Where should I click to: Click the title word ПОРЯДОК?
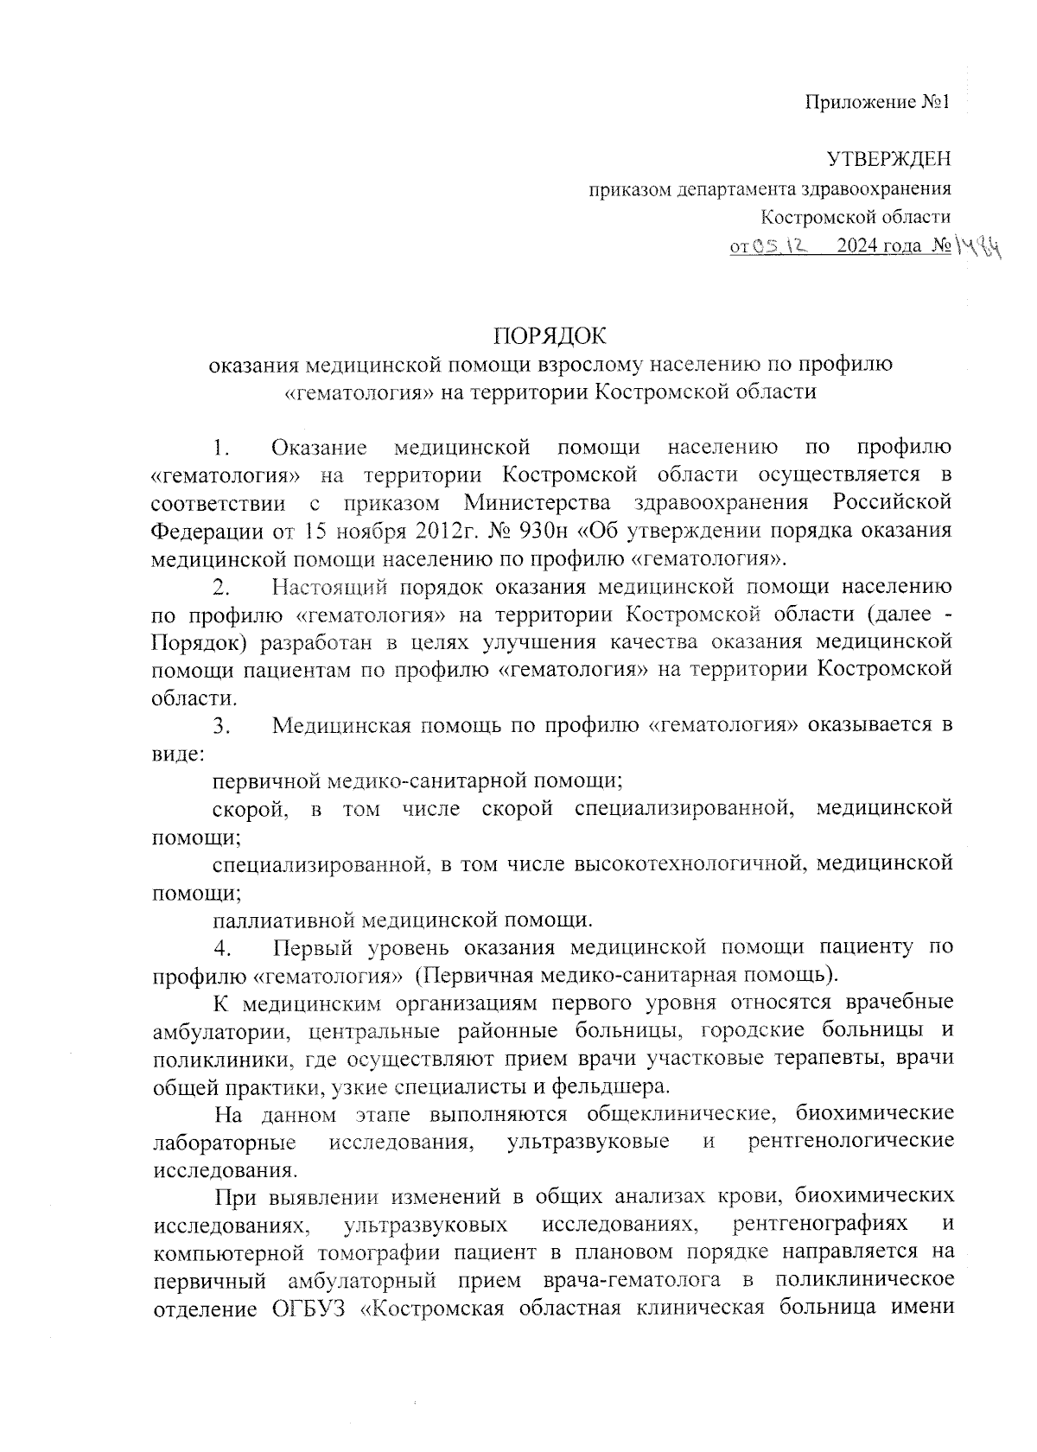[550, 335]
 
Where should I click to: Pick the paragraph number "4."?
[223, 948]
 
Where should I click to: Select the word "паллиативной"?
[282, 919]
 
